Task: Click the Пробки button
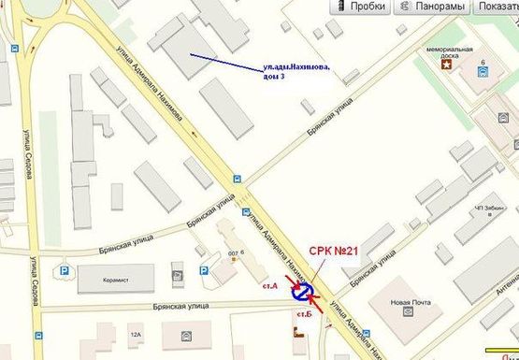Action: [361, 7]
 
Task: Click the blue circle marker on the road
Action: [303, 293]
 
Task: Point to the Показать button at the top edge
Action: [497, 7]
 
